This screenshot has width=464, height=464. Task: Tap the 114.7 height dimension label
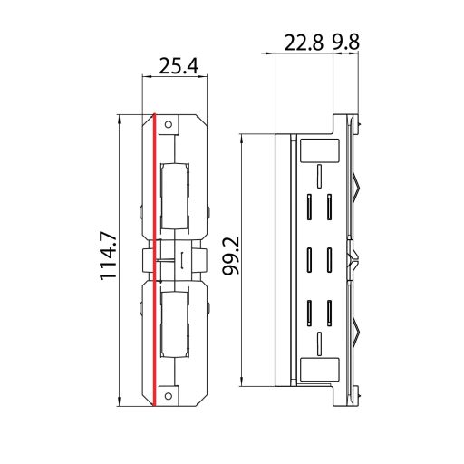coord(111,256)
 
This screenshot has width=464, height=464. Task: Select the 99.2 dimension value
coord(231,257)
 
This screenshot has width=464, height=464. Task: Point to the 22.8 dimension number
coord(304,43)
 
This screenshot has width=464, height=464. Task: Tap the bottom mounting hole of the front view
coord(175,393)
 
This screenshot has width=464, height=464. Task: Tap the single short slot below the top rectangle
coord(320,174)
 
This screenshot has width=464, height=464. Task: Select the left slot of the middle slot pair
coord(310,259)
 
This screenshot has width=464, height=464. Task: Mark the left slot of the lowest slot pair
coord(310,311)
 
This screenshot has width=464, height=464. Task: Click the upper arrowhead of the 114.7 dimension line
coord(121,118)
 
